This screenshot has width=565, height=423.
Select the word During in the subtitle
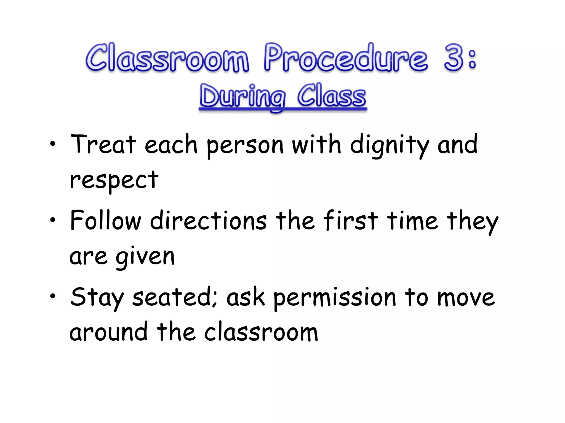242,97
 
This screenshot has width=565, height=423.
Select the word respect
114,181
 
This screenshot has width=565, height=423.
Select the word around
108,332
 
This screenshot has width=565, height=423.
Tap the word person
245,146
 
